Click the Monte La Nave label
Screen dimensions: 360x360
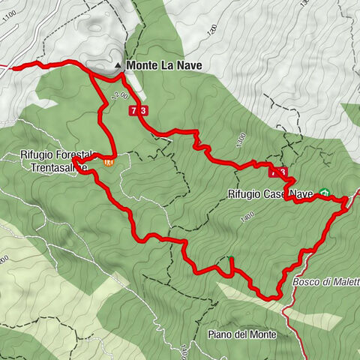pos(165,66)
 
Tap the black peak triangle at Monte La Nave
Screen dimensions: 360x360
pos(118,66)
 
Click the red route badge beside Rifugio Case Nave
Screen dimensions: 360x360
pos(278,172)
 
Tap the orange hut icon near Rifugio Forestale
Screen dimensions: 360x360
pos(109,161)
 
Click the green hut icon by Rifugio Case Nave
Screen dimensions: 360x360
pos(325,192)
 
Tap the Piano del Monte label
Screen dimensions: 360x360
pos(239,334)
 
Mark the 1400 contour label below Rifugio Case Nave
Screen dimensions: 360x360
pos(246,217)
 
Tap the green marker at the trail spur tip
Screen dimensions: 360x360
pos(231,259)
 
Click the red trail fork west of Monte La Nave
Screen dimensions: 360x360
pos(90,72)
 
